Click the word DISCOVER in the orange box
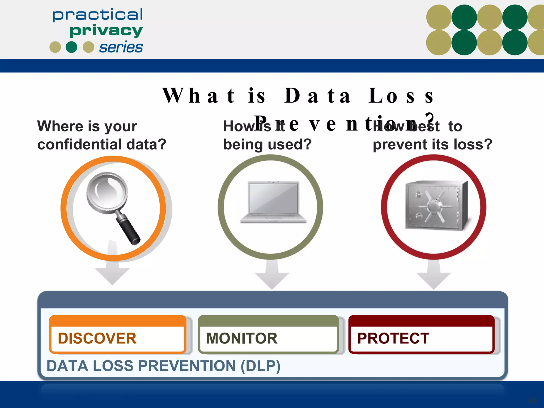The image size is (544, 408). [x=97, y=338]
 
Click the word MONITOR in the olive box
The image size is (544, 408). [x=242, y=338]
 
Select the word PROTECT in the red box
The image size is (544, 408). [x=393, y=338]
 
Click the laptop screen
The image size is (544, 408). [x=273, y=198]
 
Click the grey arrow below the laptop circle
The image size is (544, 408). [x=272, y=276]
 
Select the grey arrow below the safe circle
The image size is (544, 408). [x=434, y=276]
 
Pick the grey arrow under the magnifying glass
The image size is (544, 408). [x=112, y=271]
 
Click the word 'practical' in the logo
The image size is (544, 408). [x=97, y=15]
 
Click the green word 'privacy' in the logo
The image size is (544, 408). [x=106, y=31]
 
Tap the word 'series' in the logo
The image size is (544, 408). [x=121, y=48]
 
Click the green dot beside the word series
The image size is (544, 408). [x=71, y=47]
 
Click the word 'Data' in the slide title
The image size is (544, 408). [x=317, y=96]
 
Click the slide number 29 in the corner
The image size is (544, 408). [x=532, y=400]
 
